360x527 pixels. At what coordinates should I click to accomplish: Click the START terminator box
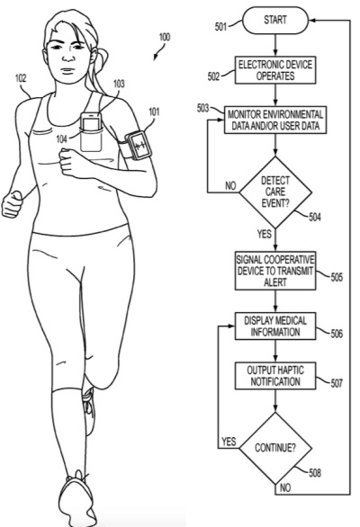coord(275,20)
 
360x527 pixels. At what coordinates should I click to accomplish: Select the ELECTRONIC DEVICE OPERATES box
coord(275,70)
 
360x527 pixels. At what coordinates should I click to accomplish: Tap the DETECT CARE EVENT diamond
coord(275,192)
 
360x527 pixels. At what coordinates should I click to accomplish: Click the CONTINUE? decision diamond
coord(275,448)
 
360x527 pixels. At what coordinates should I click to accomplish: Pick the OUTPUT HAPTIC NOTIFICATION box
coord(275,376)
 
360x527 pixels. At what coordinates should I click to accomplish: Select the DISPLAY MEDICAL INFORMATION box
coord(275,326)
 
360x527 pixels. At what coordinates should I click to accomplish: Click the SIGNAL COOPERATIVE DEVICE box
coord(275,271)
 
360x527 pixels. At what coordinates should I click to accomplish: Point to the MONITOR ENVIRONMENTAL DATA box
coord(275,120)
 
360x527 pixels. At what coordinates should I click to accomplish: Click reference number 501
coord(221,27)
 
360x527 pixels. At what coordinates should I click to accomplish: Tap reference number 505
coord(337,277)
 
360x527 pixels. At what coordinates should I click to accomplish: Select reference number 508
coord(315,473)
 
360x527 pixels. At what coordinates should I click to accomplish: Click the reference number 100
coord(165,37)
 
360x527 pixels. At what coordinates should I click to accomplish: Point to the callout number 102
coord(21,78)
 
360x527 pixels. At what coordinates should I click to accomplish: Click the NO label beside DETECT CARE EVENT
coord(230,185)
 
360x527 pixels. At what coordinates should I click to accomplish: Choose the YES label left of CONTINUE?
coord(229,442)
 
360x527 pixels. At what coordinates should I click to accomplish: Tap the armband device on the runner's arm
coord(138,145)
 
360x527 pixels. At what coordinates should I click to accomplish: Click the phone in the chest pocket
coord(91,121)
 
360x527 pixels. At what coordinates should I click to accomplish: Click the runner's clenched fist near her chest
coord(70,163)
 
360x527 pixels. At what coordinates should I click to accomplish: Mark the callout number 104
coord(61,138)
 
